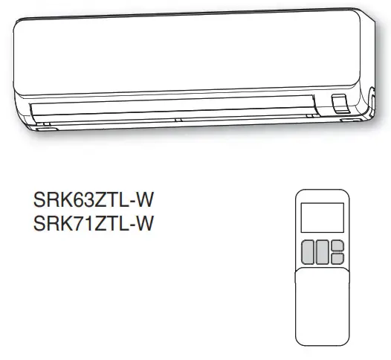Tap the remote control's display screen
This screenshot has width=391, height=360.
(x=322, y=217)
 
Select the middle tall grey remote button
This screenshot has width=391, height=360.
(x=323, y=252)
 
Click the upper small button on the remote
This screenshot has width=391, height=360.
(x=337, y=245)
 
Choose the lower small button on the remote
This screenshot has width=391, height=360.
(x=337, y=258)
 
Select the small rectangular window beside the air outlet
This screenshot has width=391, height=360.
(x=339, y=103)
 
